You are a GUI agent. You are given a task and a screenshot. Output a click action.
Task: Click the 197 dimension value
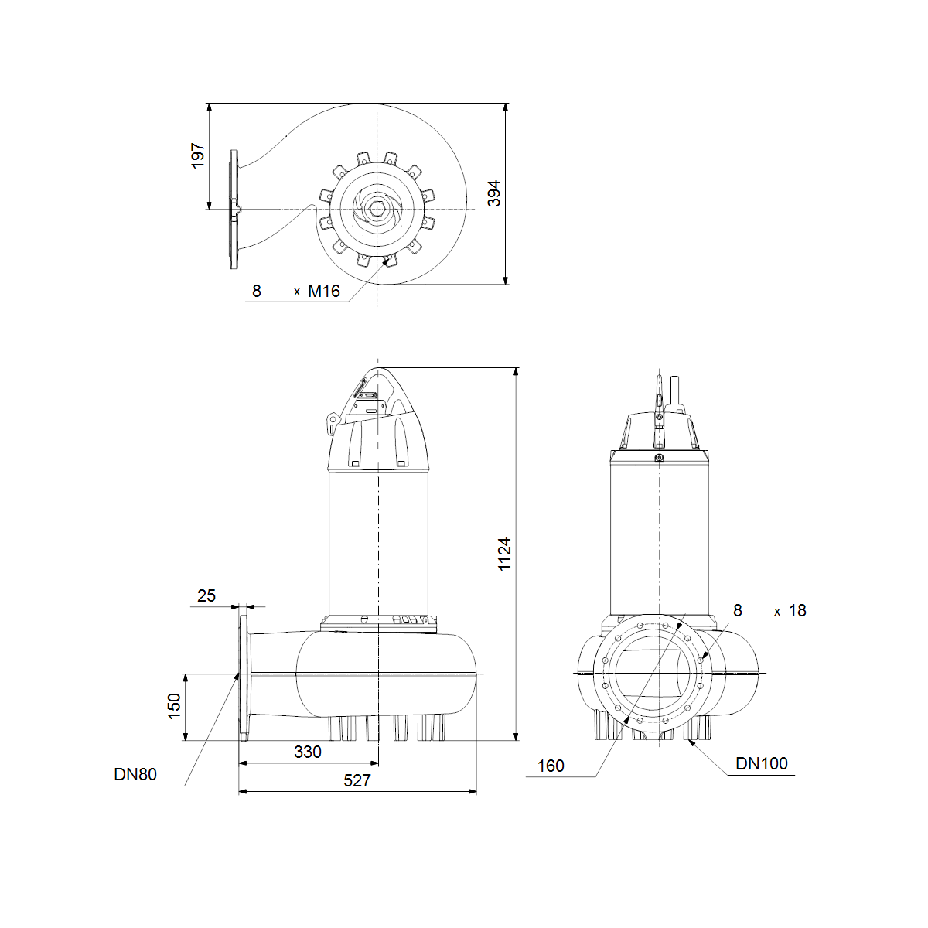point(198,155)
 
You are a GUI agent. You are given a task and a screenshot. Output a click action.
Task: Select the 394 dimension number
point(494,193)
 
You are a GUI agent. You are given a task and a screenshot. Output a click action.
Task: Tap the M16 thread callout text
point(323,291)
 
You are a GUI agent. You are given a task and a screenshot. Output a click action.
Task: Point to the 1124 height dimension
point(504,554)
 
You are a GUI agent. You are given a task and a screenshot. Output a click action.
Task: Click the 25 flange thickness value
point(206,595)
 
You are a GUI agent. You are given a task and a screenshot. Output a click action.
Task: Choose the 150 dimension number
point(174,706)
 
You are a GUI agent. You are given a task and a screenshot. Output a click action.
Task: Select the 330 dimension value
point(307,752)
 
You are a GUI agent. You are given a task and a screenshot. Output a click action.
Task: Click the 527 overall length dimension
point(357,780)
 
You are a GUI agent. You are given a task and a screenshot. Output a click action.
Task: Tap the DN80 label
point(135,774)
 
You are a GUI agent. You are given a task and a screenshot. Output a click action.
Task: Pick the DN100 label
point(762,763)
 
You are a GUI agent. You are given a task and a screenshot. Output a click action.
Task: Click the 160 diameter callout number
point(551,766)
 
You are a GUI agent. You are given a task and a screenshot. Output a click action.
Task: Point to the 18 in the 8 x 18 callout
point(797,611)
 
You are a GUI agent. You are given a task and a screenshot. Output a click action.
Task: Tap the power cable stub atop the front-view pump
point(674,390)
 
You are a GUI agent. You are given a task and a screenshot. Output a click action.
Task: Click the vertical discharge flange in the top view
point(234,210)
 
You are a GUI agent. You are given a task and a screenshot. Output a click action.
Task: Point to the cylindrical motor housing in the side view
point(378,543)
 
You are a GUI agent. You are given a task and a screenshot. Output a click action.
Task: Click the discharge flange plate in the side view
point(244,677)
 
